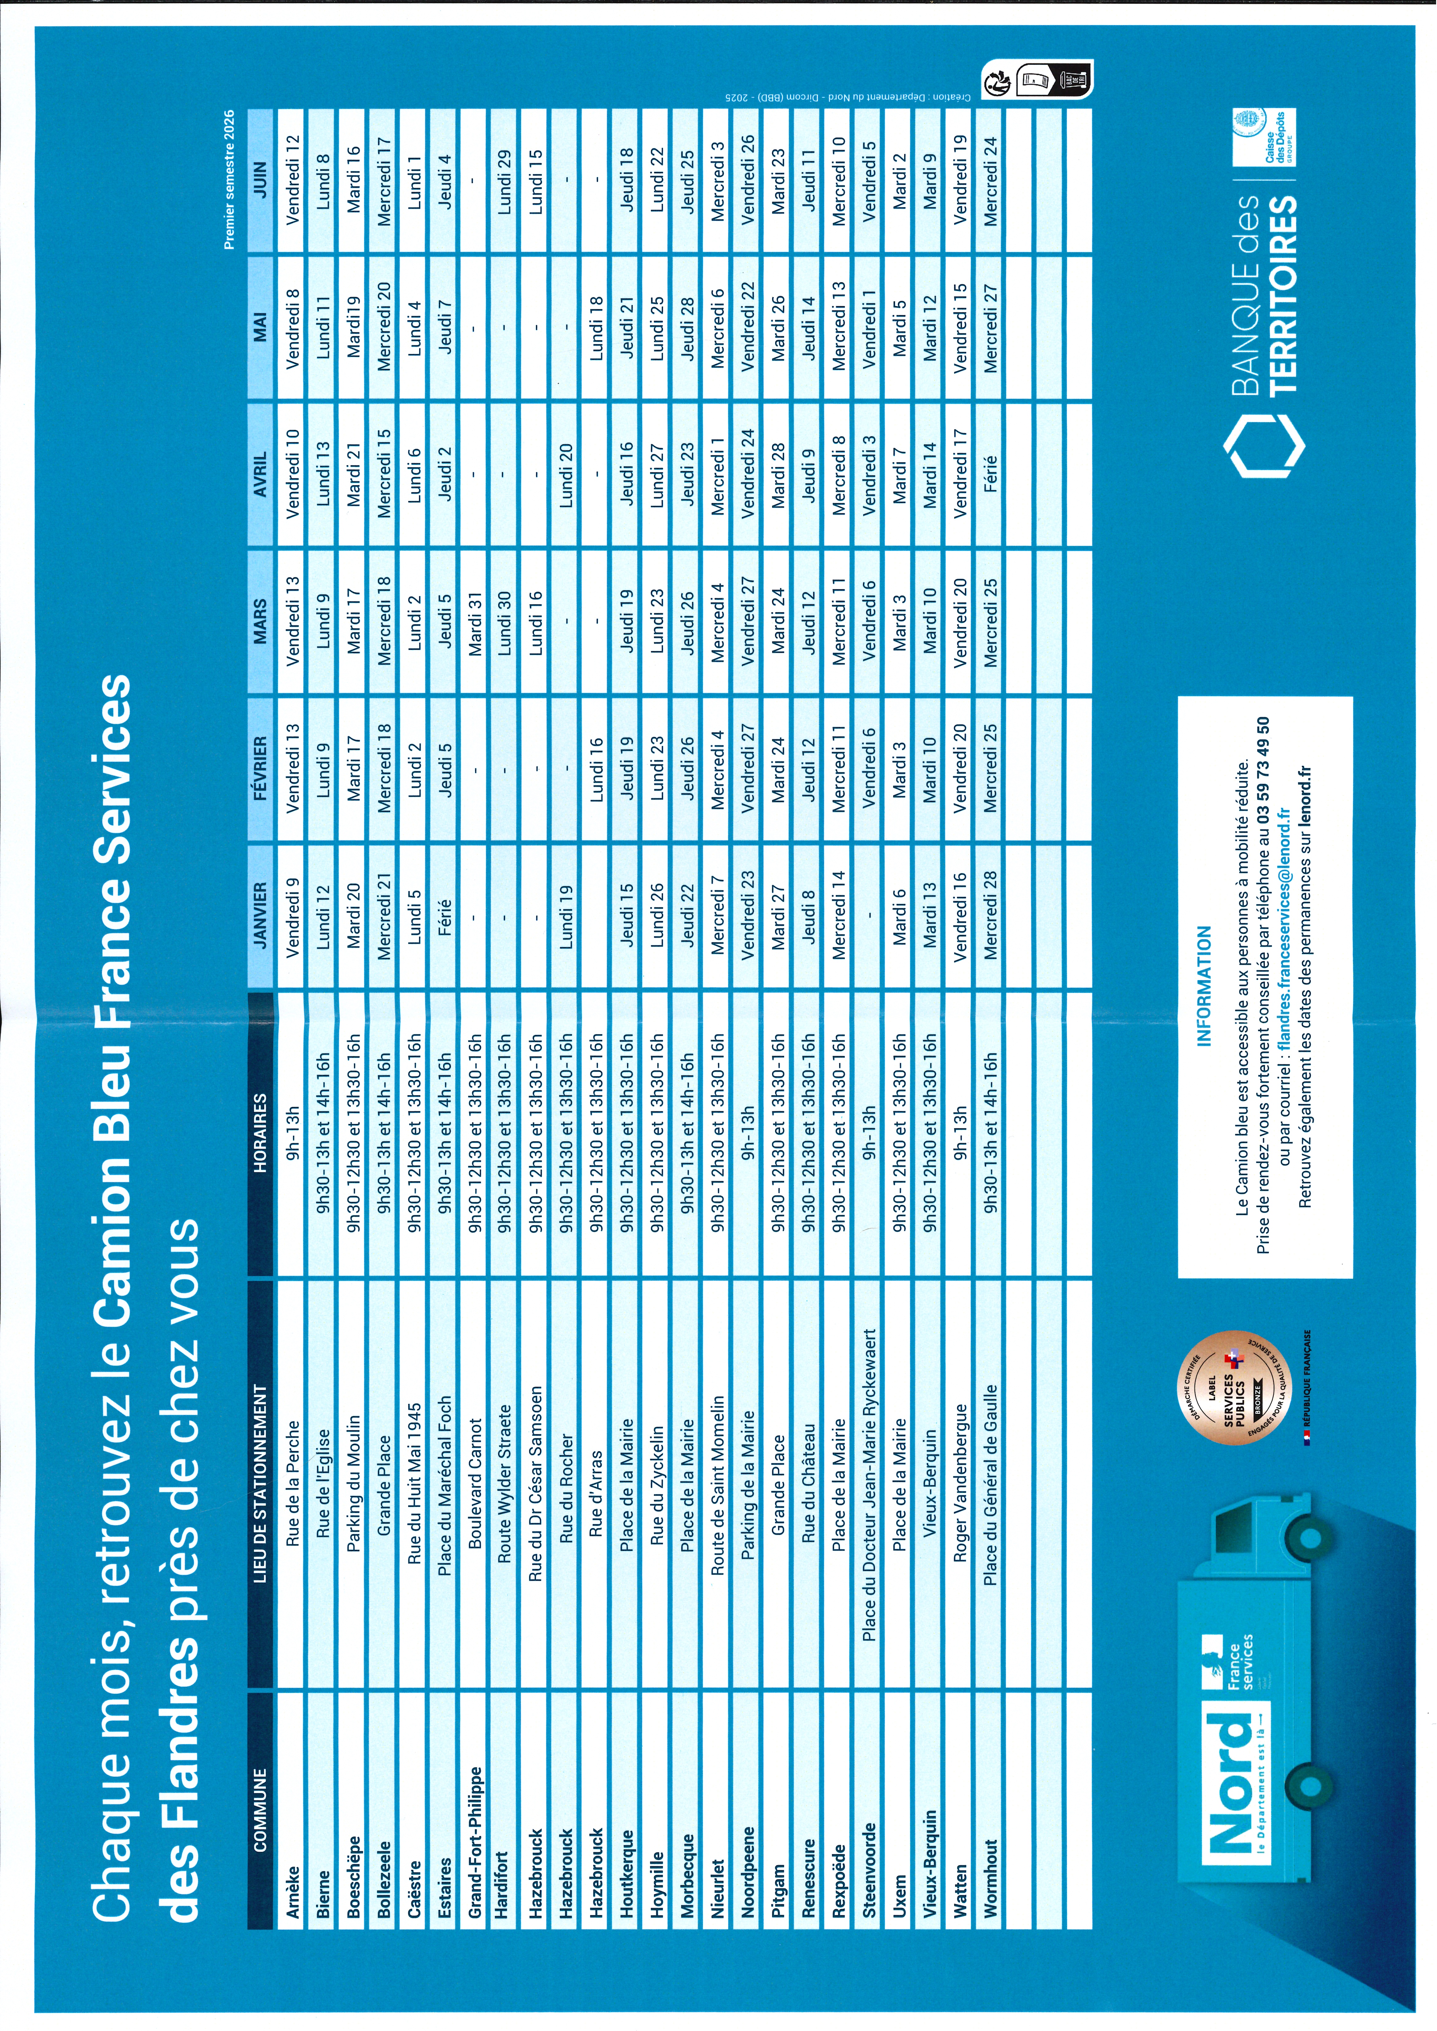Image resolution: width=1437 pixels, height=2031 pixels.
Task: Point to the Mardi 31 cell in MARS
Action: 475,624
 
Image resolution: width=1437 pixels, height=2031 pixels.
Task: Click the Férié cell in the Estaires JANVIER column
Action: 444,920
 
